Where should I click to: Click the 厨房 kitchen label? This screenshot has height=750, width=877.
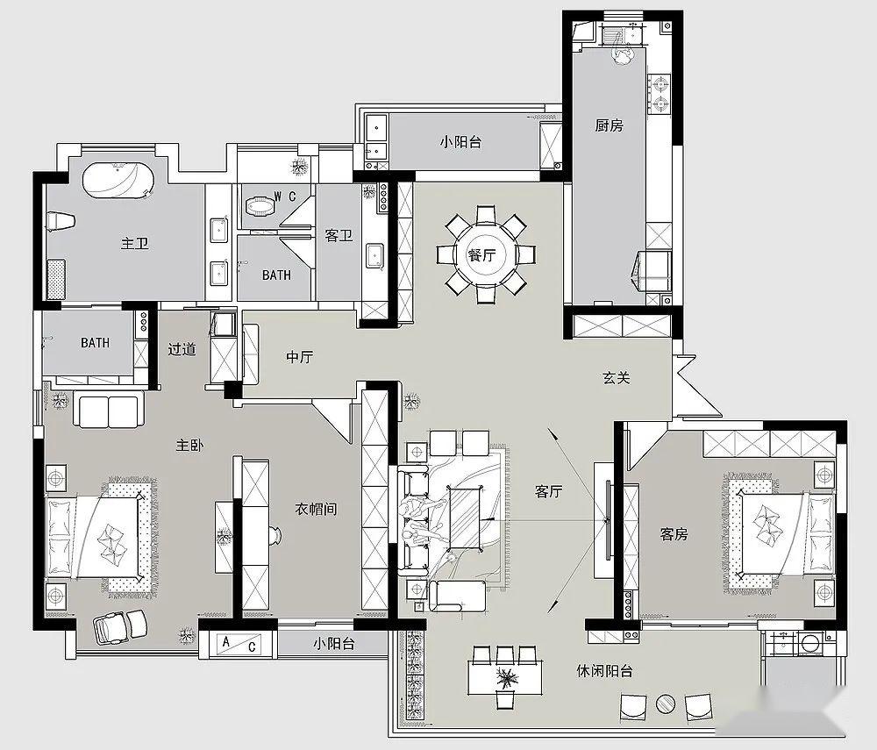pos(609,125)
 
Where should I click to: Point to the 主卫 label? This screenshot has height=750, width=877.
pos(135,243)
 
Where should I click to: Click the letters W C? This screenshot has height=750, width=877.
pos(285,196)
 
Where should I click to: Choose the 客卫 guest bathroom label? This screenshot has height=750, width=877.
pos(339,235)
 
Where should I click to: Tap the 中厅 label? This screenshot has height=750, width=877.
pos(300,356)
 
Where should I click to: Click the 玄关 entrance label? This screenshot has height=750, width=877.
pos(617,378)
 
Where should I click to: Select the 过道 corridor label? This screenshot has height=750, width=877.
pos(182,349)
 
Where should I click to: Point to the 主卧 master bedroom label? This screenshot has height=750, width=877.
pos(189,446)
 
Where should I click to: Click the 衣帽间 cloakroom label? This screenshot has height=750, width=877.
pos(316,509)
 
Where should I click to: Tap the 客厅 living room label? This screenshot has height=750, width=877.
pos(549,491)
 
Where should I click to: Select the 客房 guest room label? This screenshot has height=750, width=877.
pos(674,534)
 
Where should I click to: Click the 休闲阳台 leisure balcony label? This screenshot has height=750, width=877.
pos(604,670)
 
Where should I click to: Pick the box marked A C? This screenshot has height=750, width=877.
pos(239,644)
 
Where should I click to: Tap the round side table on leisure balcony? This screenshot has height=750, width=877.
pos(666,704)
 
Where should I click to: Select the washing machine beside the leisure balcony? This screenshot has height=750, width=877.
pos(810,644)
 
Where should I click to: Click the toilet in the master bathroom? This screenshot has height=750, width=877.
pos(61,221)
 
